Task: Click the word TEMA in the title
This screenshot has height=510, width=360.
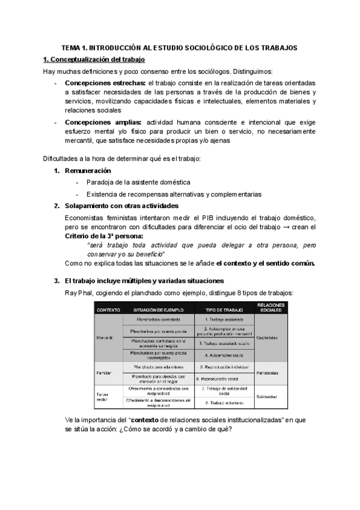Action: (x=73, y=48)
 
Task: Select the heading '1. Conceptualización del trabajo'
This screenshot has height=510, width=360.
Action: (x=93, y=60)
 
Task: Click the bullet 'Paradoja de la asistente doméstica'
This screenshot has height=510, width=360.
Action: (x=138, y=182)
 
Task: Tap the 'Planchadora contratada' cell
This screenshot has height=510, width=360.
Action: (x=159, y=320)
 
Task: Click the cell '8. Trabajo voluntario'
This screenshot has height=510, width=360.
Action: (x=224, y=402)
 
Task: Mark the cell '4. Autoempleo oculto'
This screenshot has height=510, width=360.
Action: (x=224, y=355)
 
